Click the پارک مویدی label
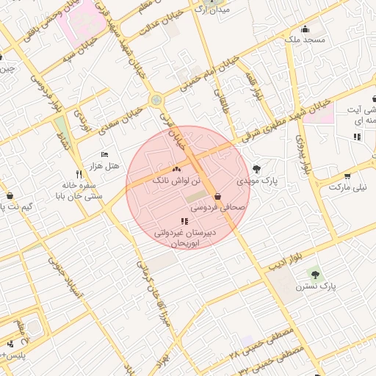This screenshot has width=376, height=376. [x=255, y=180]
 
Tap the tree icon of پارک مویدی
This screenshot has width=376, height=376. [x=256, y=169]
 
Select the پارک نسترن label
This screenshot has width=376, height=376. [x=316, y=285]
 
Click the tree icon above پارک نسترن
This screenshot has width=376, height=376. [x=316, y=274]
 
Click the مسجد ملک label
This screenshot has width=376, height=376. [x=305, y=40]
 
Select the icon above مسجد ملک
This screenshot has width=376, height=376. [x=305, y=29]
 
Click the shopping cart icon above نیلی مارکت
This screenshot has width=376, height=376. [x=347, y=176]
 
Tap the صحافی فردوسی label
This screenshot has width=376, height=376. [x=217, y=208]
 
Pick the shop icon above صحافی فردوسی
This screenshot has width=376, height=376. [x=218, y=197]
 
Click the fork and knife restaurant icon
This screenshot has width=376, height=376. [x=79, y=176]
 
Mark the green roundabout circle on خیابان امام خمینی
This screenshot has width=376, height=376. [x=156, y=100]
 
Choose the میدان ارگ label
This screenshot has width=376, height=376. [x=215, y=10]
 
